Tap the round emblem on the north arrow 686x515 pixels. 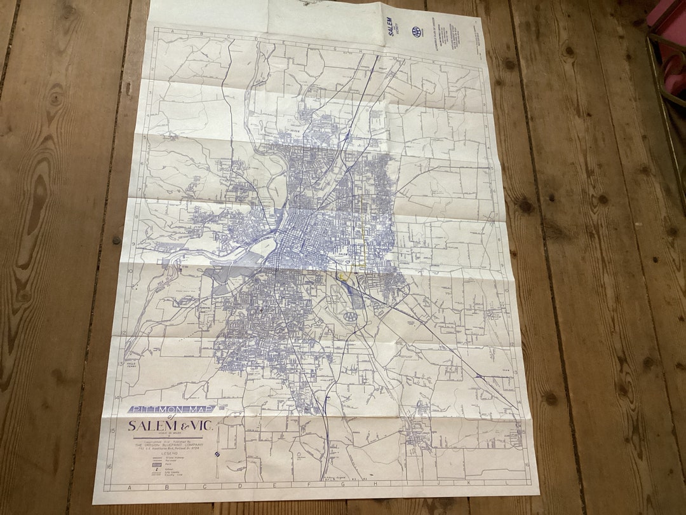217,454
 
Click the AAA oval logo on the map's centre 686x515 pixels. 350,316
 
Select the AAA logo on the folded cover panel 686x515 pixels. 416,31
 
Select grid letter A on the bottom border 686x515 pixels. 130,488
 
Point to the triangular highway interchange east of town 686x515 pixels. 480,376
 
